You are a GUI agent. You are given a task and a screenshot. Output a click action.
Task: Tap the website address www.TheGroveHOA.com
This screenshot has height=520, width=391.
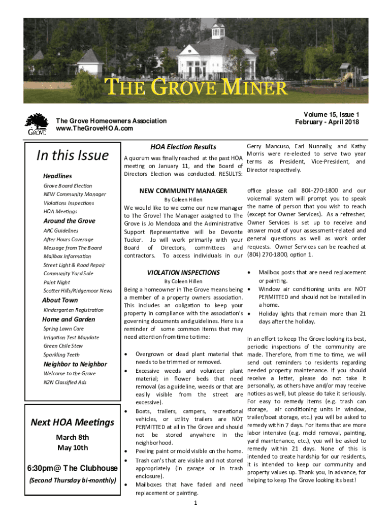[x=94, y=128]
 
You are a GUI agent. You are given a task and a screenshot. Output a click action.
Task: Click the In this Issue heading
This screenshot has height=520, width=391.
[x=72, y=155]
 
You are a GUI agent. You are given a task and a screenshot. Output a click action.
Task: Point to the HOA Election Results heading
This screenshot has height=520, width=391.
[x=183, y=147]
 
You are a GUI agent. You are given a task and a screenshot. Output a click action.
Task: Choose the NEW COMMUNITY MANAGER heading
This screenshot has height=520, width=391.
[x=183, y=191]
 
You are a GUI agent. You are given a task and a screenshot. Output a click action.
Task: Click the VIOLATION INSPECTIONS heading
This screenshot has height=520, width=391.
[x=183, y=273]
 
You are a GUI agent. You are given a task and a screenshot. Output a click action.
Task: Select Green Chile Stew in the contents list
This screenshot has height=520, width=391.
[x=63, y=346]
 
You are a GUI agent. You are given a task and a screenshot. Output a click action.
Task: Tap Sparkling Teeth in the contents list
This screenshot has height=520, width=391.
[x=61, y=354]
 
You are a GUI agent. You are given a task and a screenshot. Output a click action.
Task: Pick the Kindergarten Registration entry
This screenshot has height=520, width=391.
[x=74, y=310]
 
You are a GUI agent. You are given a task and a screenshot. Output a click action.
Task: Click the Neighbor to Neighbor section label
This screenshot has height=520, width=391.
[x=75, y=364]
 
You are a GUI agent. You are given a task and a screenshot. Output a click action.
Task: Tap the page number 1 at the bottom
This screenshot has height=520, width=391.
[x=195, y=503]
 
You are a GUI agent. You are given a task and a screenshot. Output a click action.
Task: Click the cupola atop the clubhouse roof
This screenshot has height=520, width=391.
[x=218, y=30]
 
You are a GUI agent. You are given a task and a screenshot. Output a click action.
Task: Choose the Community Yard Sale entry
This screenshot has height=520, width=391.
[x=69, y=273]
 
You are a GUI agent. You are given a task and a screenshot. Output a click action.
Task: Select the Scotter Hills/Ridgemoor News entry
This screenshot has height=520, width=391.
[x=78, y=290]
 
